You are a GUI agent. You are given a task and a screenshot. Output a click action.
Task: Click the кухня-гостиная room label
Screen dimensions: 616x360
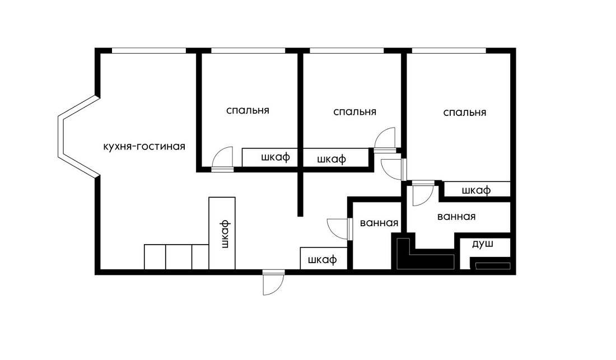click(144, 147)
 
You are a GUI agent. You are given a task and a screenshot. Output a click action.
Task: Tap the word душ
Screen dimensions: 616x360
click(482, 244)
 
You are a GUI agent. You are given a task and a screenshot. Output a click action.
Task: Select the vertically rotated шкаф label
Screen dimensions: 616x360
click(225, 235)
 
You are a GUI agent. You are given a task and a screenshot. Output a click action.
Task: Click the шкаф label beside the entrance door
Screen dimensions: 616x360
click(323, 259)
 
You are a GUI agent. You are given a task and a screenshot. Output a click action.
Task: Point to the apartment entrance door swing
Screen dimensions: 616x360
click(274, 283)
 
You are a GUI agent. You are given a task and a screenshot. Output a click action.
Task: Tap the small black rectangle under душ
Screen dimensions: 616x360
click(493, 266)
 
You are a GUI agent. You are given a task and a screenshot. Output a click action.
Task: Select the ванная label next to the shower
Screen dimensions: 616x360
click(456, 216)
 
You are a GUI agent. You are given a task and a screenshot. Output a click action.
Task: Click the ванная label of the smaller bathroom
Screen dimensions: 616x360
click(379, 223)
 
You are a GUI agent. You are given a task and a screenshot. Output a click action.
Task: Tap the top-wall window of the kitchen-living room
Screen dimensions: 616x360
click(149, 50)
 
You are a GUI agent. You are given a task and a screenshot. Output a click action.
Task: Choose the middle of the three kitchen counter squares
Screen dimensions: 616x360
click(179, 257)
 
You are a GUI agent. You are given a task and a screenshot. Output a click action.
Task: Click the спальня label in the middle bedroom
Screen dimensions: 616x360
click(354, 112)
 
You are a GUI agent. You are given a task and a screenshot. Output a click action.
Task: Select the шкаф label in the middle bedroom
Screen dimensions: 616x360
click(331, 159)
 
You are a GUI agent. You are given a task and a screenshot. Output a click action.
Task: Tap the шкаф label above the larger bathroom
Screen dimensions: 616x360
click(476, 190)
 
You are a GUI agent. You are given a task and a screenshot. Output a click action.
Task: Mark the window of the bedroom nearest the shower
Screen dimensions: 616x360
click(449, 50)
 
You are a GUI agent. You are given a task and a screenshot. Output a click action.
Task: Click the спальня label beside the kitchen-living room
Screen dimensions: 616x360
click(248, 110)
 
